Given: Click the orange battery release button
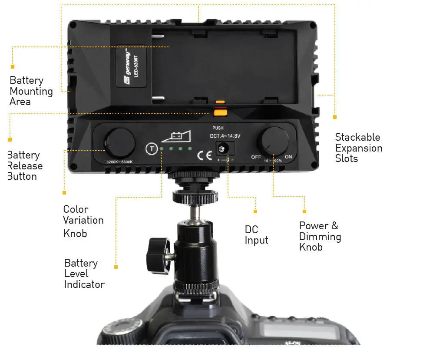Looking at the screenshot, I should coord(220,113).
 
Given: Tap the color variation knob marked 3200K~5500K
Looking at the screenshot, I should coord(118,141).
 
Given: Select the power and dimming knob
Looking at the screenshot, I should coord(273,140).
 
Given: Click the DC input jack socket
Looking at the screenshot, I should coord(223,149).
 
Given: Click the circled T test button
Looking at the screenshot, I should coord(150,149).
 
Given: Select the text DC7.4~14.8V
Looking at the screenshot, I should coord(225,136).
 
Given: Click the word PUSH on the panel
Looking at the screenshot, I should coord(218,128).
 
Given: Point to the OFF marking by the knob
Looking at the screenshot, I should coord(256,157).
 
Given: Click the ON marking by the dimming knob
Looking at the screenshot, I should coord(288,157).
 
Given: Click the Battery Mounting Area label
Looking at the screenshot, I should coord(31,91).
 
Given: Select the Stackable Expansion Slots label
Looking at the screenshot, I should coord(358,148).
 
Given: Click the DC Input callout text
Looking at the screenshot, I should coord(256,235).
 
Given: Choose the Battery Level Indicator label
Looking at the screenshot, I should coord(84,274).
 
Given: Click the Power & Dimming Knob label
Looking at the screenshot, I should coord(320,237).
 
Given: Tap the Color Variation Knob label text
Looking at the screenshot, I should coord(83,221).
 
